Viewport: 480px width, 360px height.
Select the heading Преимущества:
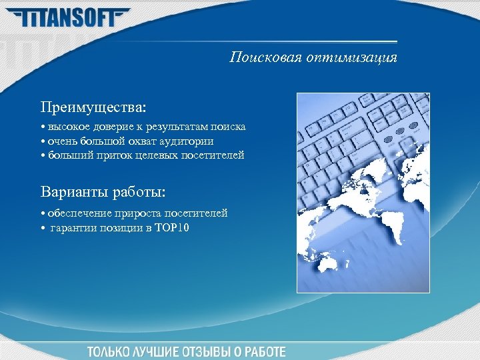coord(93,107)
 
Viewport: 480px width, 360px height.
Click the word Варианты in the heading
coord(74,193)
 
